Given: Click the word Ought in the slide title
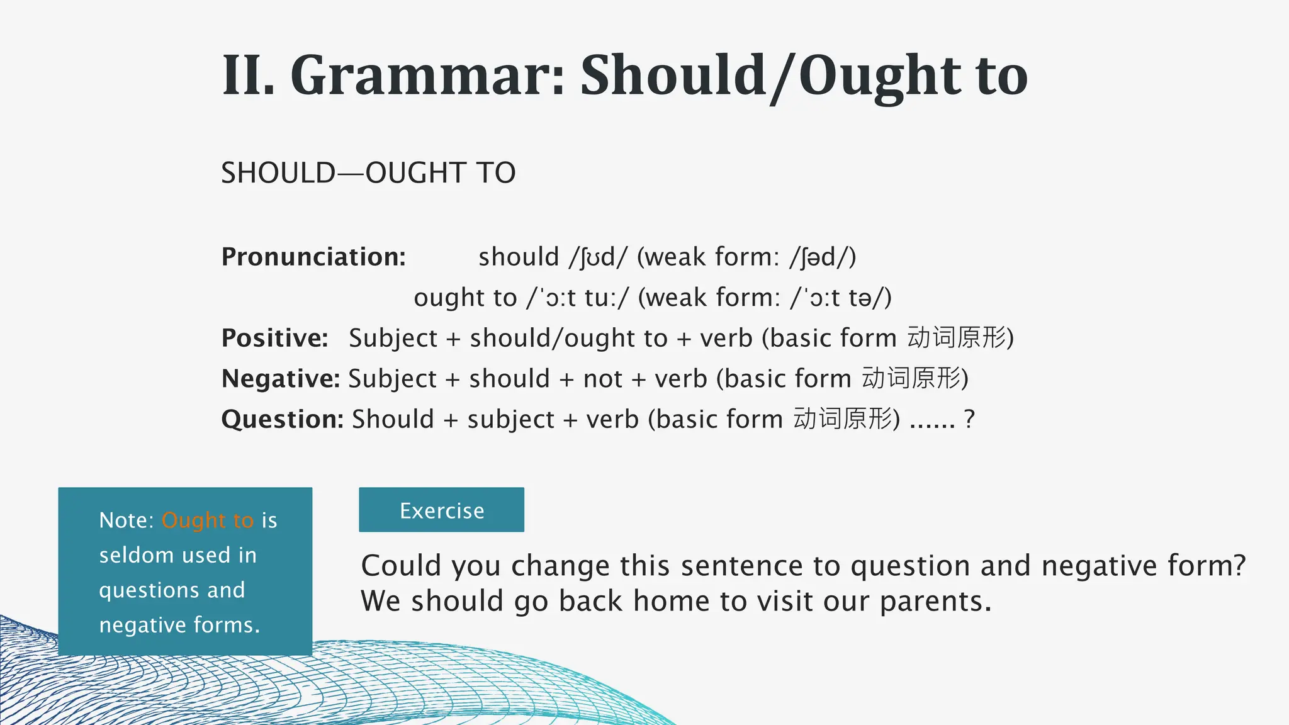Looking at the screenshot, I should pyautogui.click(x=881, y=77).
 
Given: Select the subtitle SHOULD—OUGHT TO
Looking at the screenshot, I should pyautogui.click(x=368, y=173).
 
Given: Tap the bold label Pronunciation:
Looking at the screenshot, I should pyautogui.click(x=313, y=257).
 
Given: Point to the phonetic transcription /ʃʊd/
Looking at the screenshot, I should pyautogui.click(x=598, y=257).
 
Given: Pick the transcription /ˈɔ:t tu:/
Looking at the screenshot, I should pyautogui.click(x=577, y=298).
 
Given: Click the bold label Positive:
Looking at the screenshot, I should pyautogui.click(x=274, y=338).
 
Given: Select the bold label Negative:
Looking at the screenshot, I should pyautogui.click(x=280, y=379).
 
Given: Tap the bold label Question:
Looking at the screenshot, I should pyautogui.click(x=282, y=419).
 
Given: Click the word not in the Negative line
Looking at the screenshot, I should pyautogui.click(x=602, y=379).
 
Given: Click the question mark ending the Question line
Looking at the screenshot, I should pyautogui.click(x=969, y=419).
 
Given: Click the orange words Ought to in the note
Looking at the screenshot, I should pyautogui.click(x=207, y=520).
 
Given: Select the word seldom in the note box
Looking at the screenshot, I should pyautogui.click(x=137, y=555).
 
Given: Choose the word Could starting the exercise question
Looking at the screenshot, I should pyautogui.click(x=401, y=566).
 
